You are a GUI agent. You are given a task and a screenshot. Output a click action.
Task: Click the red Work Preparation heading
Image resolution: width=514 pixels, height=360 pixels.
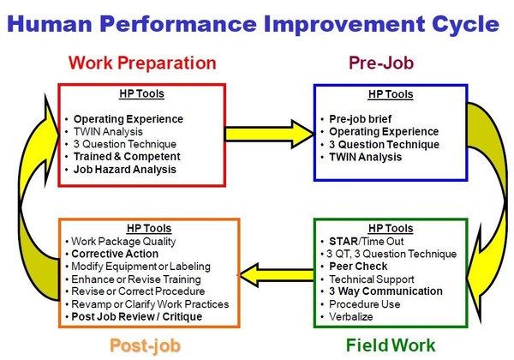[x=142, y=63]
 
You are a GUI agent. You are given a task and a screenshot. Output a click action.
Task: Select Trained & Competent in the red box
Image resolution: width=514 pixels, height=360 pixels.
[x=126, y=157]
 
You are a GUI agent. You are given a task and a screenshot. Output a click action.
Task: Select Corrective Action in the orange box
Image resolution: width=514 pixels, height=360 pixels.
[x=116, y=254]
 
